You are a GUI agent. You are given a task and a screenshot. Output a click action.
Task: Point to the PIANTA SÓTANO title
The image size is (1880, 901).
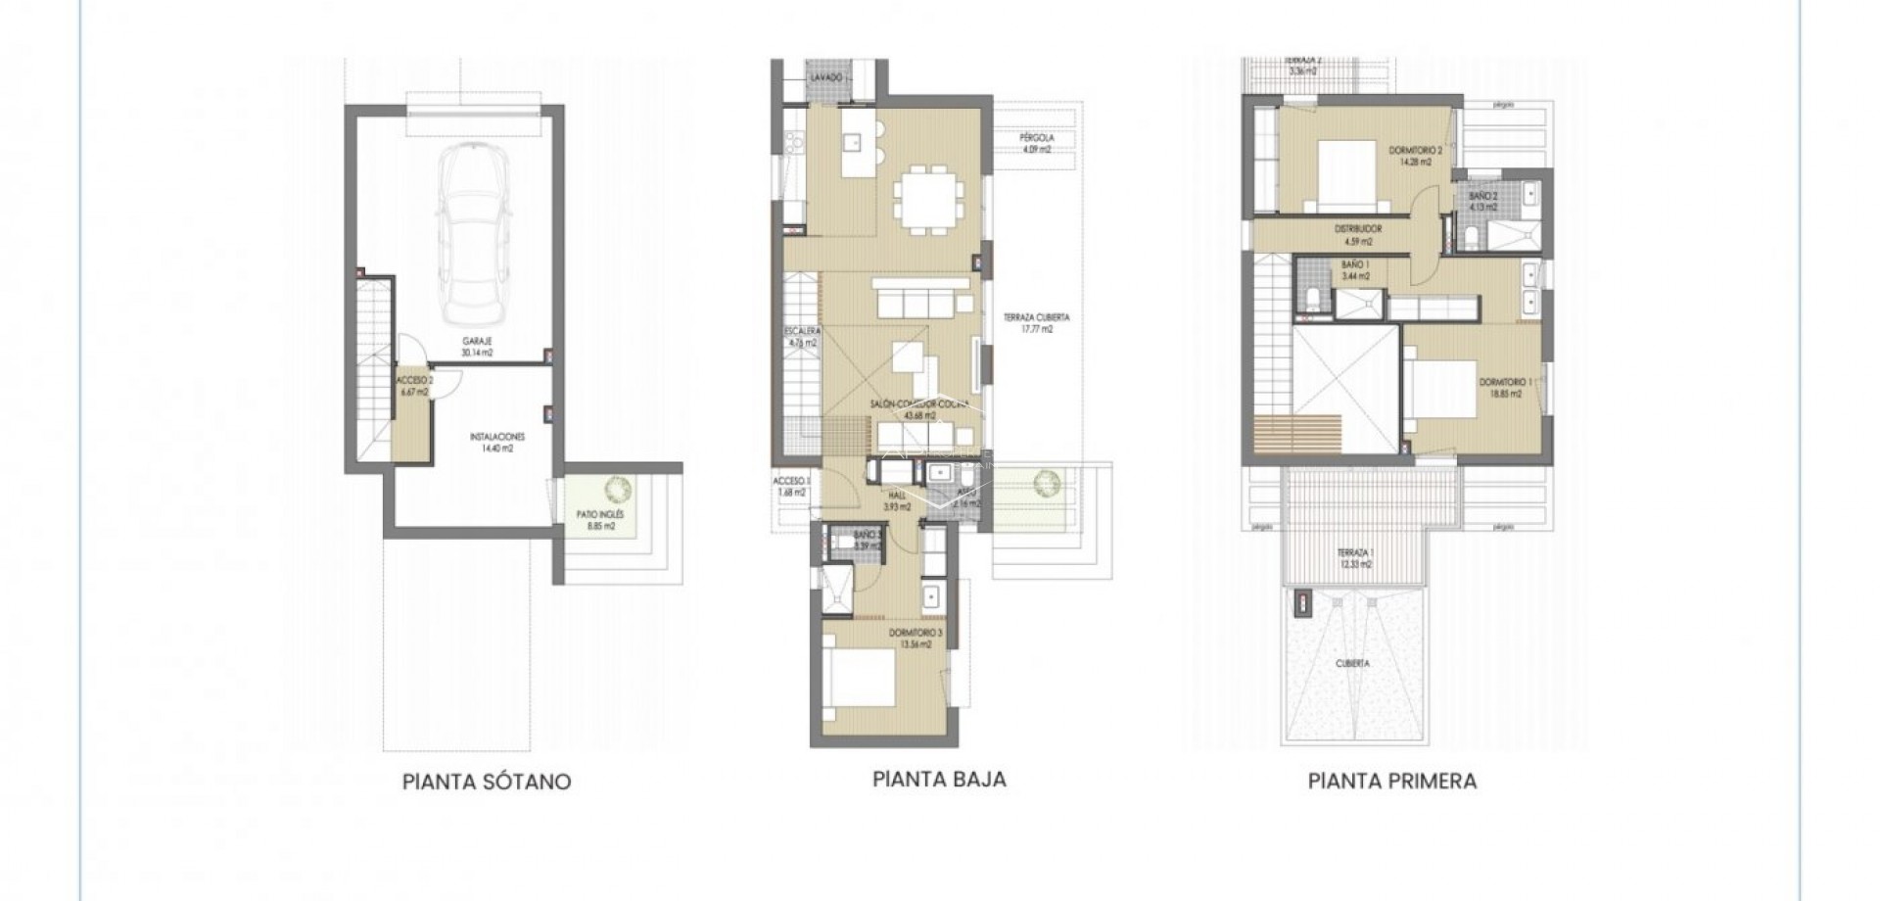(487, 782)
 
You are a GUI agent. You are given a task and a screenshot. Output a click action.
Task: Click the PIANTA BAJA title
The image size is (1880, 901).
(939, 780)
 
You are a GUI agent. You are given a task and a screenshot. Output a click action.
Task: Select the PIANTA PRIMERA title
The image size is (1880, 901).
(1391, 782)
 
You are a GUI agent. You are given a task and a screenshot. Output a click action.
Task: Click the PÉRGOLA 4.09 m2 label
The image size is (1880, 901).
(1035, 145)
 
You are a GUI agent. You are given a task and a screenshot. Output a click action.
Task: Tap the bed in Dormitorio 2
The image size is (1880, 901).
(1342, 176)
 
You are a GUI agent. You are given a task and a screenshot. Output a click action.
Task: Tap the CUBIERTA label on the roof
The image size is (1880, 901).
(1352, 663)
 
